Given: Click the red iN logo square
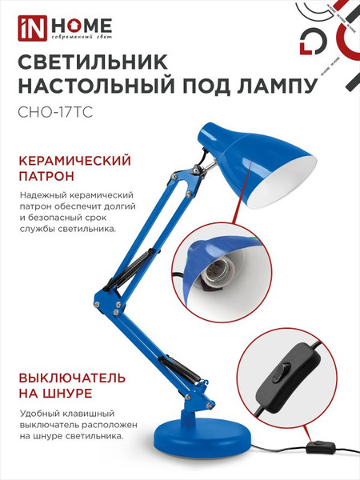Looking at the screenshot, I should (25, 29).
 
